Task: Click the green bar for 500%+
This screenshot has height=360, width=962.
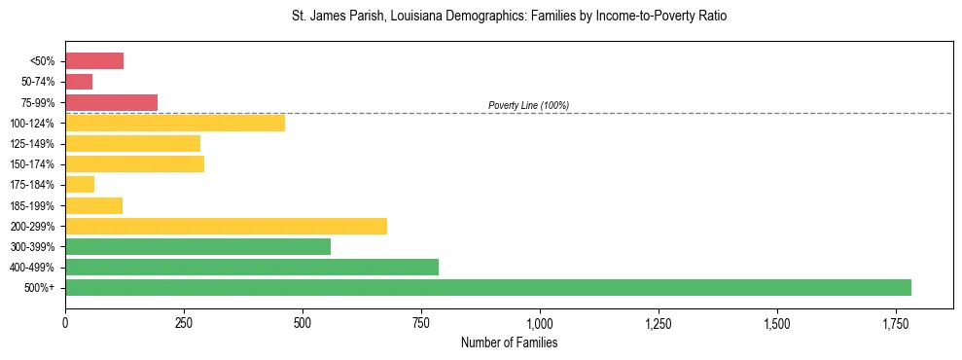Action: (488, 287)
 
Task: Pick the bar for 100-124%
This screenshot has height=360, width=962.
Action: (175, 123)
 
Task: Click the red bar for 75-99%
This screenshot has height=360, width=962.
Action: (111, 102)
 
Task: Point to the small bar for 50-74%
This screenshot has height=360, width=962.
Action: (79, 82)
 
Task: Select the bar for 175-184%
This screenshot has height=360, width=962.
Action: (80, 184)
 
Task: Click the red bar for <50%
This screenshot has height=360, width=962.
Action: (94, 61)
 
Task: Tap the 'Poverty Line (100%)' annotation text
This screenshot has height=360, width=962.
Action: (528, 105)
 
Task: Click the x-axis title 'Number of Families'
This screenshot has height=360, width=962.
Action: (509, 342)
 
